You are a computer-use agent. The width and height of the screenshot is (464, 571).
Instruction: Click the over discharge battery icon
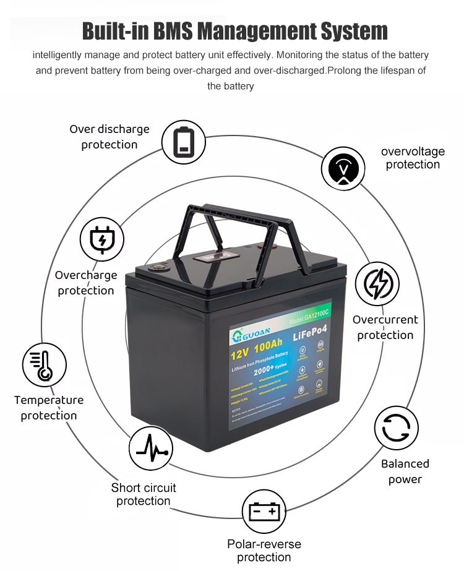184,142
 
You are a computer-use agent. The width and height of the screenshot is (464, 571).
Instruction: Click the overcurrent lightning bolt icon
378,284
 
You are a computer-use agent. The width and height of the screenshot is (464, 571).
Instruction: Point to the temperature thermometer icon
45,366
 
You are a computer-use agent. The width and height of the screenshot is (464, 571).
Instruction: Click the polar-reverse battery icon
264,512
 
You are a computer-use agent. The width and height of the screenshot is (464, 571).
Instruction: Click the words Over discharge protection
110,137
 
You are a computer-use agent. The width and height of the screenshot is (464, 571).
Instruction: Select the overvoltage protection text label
413,158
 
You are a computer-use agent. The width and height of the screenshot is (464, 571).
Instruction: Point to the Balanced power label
405,471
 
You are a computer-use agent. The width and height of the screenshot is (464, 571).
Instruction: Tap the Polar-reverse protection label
264,551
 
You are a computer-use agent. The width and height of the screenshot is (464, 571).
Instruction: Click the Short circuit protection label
144,494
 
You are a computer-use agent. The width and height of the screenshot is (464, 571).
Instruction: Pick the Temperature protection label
49,408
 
